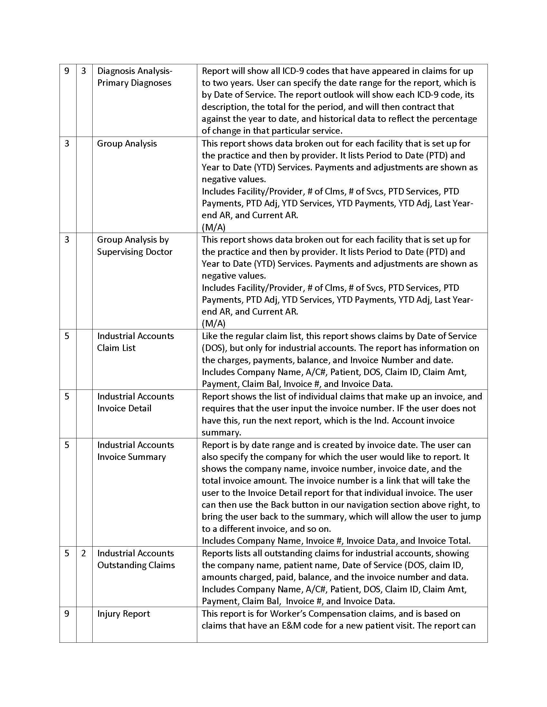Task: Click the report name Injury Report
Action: pos(124,614)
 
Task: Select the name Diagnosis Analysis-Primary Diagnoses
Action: pos(134,77)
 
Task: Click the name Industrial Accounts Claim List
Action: pos(135,342)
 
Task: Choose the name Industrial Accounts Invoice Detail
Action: pos(135,402)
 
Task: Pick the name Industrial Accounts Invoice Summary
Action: pos(135,451)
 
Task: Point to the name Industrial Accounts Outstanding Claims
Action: pos(136,559)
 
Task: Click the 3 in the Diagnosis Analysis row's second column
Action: pos(84,71)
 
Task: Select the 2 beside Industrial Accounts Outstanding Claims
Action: pos(84,553)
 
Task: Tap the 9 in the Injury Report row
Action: pos(67,614)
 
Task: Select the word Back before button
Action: pos(280,505)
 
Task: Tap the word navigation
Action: pos(369,505)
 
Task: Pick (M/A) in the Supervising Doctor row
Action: pos(214,323)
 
